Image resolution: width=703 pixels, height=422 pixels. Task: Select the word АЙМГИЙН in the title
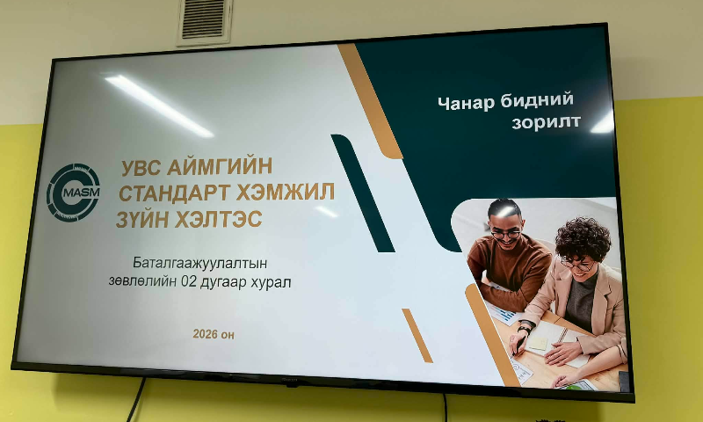pos(223,165)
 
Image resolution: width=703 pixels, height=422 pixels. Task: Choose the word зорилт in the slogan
pos(545,122)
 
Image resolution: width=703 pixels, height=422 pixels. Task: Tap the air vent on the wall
pos(204,21)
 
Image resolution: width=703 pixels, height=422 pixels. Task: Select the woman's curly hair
pos(582,236)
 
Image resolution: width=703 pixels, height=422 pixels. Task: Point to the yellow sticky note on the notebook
pos(539,342)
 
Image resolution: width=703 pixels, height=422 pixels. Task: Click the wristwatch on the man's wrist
pos(525,329)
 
